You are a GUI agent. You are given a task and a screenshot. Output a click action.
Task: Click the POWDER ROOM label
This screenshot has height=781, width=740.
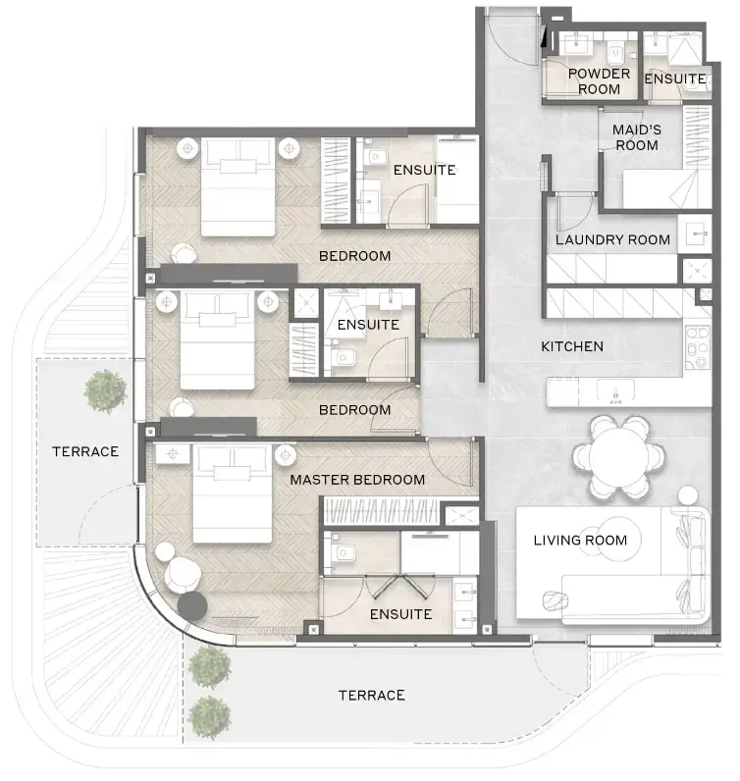pos(599,81)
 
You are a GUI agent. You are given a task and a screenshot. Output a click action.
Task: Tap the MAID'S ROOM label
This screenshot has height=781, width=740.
pos(635,137)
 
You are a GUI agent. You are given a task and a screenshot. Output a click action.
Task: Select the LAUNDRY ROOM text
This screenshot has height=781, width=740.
pos(612,239)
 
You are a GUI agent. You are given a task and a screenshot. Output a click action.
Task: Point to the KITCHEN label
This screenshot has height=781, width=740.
pos(572,346)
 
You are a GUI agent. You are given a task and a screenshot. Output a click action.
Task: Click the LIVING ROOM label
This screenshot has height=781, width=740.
pos(580,540)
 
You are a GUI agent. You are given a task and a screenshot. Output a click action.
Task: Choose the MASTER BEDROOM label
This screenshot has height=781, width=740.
pos(357,480)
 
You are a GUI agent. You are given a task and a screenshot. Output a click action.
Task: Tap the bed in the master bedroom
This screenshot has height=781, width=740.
pos(233,490)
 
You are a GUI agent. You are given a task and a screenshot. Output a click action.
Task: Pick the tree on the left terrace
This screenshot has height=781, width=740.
pos(105,390)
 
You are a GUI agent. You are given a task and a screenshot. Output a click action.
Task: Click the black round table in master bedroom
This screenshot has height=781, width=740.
pos(191,606)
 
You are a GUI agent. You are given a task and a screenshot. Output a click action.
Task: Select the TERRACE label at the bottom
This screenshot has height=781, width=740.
pos(371,696)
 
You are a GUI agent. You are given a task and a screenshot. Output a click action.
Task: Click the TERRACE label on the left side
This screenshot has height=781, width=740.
pos(85,452)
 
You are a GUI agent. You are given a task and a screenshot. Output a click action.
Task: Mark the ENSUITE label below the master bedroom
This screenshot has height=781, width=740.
pos(400,614)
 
